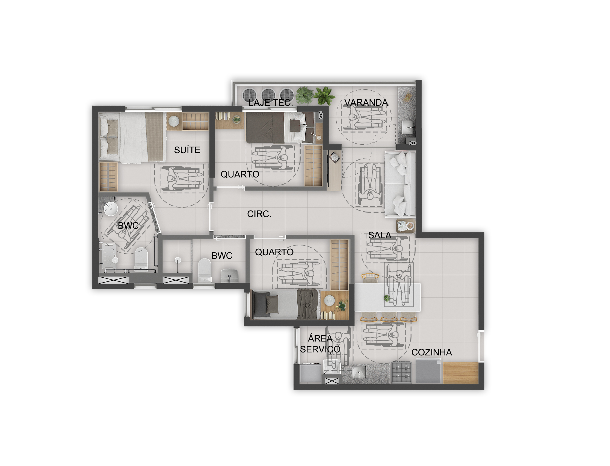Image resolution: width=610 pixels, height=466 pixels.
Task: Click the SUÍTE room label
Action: point(187,150)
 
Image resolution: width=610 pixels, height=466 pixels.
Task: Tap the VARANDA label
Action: point(366,103)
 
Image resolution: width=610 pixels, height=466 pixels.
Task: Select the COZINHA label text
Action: point(431,352)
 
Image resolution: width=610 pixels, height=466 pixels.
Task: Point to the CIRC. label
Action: point(259,214)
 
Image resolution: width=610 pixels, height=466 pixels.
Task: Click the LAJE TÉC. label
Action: point(270,103)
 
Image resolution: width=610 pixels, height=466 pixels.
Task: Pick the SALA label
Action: point(380,236)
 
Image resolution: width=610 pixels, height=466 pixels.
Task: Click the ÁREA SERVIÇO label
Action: point(320,344)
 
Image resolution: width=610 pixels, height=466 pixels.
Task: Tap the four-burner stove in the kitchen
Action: point(401,373)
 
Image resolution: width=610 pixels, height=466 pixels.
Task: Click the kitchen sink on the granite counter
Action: point(359,372)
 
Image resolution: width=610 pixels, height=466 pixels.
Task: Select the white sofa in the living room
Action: point(400,184)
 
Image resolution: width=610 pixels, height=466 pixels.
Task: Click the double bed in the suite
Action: point(133,137)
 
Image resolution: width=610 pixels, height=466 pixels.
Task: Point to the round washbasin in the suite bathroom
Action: point(110,209)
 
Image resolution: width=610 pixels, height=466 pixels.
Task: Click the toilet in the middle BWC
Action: point(205,270)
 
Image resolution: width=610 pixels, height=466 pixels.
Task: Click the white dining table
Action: point(387,297)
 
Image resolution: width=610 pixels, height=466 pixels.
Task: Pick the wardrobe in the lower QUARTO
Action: point(339,265)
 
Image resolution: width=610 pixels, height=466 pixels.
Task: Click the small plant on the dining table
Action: point(387,298)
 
